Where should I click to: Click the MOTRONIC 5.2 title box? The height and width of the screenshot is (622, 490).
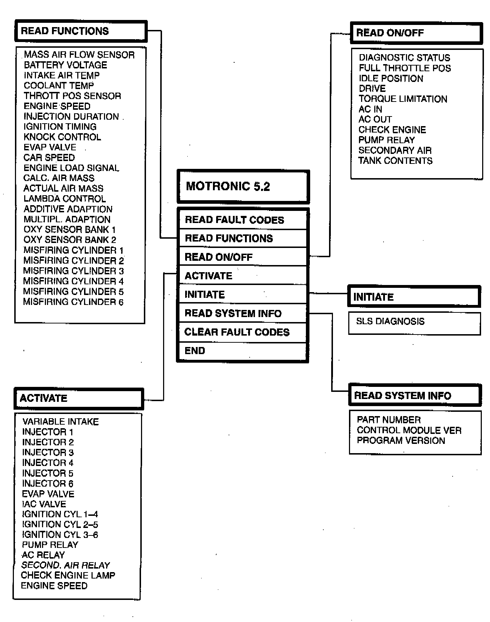tap(243, 186)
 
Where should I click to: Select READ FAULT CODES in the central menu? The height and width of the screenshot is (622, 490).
tap(234, 220)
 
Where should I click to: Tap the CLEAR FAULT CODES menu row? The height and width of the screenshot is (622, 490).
tap(237, 332)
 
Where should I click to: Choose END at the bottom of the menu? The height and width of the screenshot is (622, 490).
tap(195, 351)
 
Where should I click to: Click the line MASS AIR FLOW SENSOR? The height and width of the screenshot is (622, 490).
tap(79, 55)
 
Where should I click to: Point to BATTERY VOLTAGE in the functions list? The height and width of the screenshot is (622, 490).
tap(66, 65)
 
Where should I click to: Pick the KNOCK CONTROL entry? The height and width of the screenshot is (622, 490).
tap(62, 137)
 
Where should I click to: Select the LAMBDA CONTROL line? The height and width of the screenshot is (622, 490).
tap(65, 199)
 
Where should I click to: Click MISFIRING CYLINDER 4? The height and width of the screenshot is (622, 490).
tap(73, 281)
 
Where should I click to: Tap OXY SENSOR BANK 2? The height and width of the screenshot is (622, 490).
tap(70, 240)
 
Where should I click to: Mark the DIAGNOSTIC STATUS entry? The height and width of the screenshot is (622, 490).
tap(405, 58)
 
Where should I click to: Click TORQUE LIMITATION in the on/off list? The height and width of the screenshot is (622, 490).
tap(403, 99)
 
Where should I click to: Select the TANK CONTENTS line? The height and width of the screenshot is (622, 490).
tap(395, 161)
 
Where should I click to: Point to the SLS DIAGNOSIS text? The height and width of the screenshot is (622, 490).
tap(390, 321)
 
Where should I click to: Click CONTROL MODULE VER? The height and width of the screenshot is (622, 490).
tap(409, 430)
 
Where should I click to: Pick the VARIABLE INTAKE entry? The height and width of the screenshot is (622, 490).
tap(61, 422)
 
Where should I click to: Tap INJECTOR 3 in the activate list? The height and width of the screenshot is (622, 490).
tap(48, 453)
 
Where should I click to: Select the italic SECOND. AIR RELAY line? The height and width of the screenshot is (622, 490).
tap(66, 565)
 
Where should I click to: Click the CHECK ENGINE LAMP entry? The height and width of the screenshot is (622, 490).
tap(68, 576)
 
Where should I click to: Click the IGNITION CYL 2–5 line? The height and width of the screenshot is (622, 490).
tap(60, 525)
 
